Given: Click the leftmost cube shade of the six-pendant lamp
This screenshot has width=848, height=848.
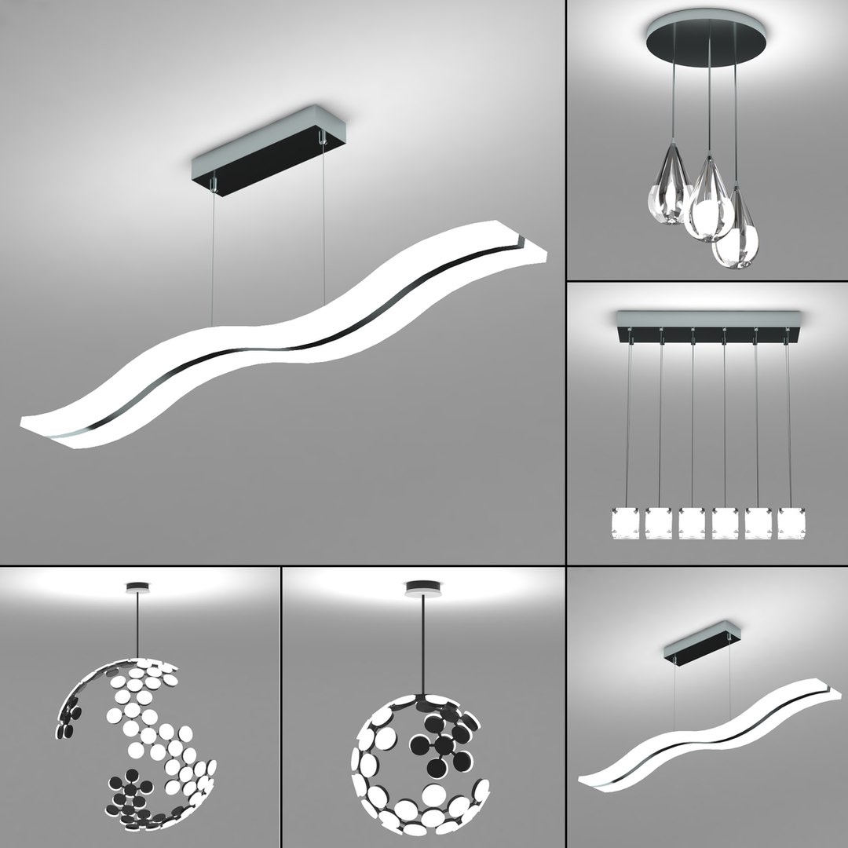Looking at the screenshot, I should pyautogui.click(x=625, y=523).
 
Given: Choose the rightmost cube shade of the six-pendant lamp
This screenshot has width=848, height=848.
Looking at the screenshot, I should pyautogui.click(x=791, y=523).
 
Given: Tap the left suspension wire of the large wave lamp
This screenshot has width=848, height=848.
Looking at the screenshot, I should pyautogui.click(x=213, y=259).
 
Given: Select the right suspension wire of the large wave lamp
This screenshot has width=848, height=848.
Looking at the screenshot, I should pyautogui.click(x=323, y=228).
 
